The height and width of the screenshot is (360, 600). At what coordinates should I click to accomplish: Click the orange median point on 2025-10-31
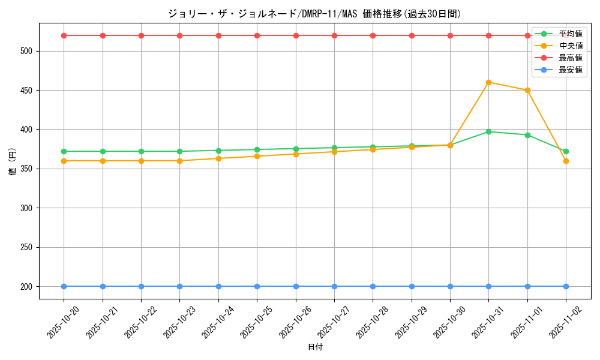point(488,82)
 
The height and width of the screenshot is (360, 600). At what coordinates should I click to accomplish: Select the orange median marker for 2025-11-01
point(527,90)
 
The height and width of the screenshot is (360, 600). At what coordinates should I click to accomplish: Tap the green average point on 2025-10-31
point(488,131)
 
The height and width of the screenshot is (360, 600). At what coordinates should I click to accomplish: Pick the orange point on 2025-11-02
point(566,161)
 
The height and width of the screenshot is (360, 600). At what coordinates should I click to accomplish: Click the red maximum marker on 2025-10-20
point(64,35)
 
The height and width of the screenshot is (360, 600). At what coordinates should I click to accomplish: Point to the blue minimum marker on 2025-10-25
point(257,286)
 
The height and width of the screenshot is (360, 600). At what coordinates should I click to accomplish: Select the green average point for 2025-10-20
point(64,151)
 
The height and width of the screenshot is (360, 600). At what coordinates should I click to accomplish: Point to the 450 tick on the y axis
point(28,91)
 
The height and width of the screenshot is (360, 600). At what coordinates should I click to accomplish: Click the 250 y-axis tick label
point(28,247)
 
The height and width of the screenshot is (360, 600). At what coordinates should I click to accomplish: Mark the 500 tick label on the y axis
point(28,51)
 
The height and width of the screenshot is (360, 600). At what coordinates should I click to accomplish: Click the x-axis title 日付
point(315,347)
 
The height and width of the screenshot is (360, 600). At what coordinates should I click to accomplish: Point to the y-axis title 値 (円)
point(13,161)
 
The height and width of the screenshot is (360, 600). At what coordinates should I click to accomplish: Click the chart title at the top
point(315,14)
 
